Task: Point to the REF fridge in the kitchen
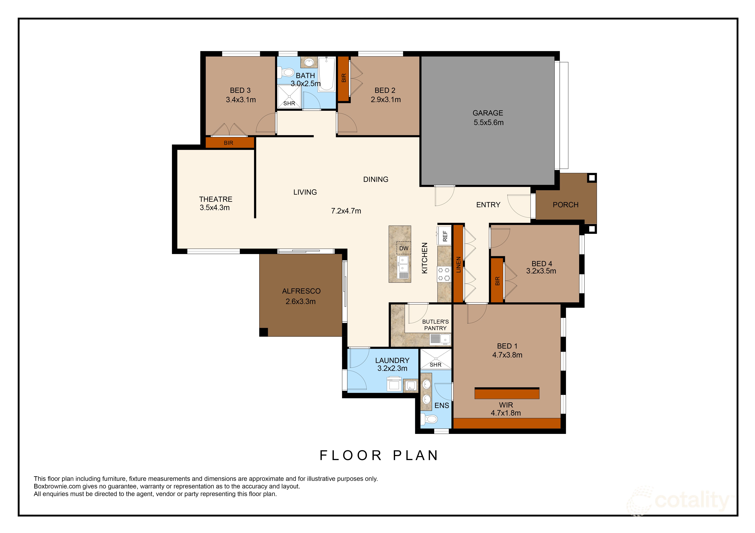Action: pyautogui.click(x=444, y=236)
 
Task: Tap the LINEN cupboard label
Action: pyautogui.click(x=458, y=264)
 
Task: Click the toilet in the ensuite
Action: pyautogui.click(x=429, y=419)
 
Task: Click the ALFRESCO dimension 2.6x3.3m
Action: pyautogui.click(x=301, y=301)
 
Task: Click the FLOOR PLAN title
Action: pyautogui.click(x=379, y=456)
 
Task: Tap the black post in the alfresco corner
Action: pyautogui.click(x=263, y=332)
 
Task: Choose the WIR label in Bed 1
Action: pyautogui.click(x=506, y=405)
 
